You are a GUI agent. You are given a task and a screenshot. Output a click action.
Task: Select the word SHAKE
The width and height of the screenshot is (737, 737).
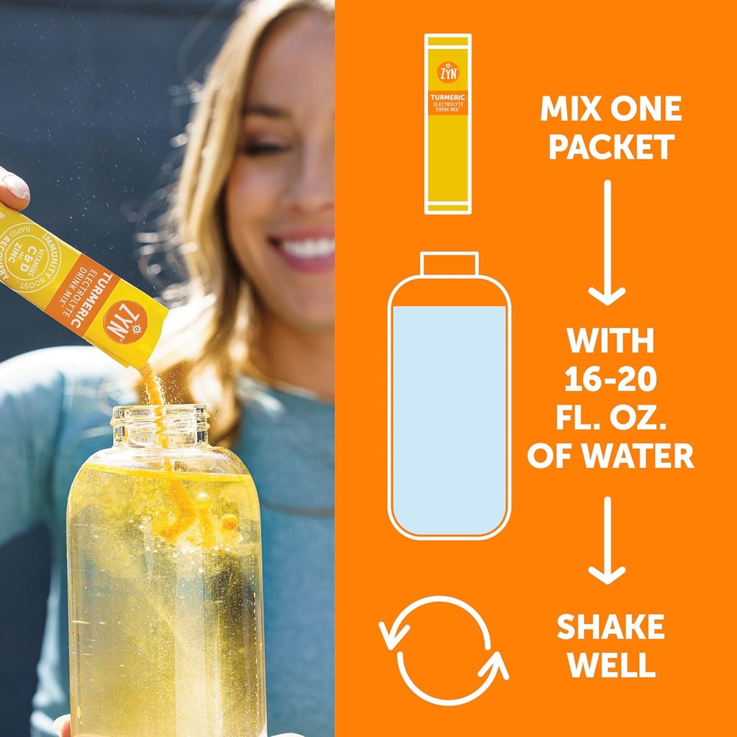point(610,628)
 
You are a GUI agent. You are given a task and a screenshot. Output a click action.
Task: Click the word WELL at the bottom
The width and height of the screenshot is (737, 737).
point(610,665)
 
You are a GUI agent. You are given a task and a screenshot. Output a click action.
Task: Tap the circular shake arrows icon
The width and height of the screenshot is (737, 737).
point(443,650)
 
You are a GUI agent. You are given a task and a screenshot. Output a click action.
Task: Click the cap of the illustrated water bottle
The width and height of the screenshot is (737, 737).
point(449,263)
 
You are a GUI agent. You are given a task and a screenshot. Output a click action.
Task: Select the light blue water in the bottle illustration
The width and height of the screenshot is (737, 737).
point(449,421)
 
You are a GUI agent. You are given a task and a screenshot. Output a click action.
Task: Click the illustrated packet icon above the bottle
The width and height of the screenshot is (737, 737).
point(448,124)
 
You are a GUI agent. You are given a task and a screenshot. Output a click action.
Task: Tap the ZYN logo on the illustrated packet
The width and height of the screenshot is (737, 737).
point(448,71)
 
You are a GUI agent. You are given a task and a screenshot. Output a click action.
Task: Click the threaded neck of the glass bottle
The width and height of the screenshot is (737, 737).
point(160,425)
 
